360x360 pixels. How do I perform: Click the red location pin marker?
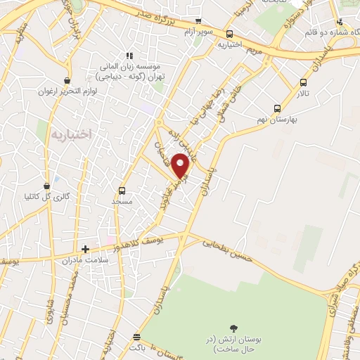click(181, 165)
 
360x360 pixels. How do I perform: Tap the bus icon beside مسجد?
click(122, 191)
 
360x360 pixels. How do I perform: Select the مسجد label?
click(122, 201)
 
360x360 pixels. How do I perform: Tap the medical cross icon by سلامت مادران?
click(85, 249)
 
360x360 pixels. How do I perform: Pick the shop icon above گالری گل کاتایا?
click(46, 186)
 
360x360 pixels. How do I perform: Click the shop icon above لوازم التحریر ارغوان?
click(67, 80)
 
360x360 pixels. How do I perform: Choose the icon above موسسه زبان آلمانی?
click(128, 56)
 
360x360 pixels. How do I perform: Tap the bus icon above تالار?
click(303, 82)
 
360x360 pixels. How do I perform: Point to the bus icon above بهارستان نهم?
click(277, 109)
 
